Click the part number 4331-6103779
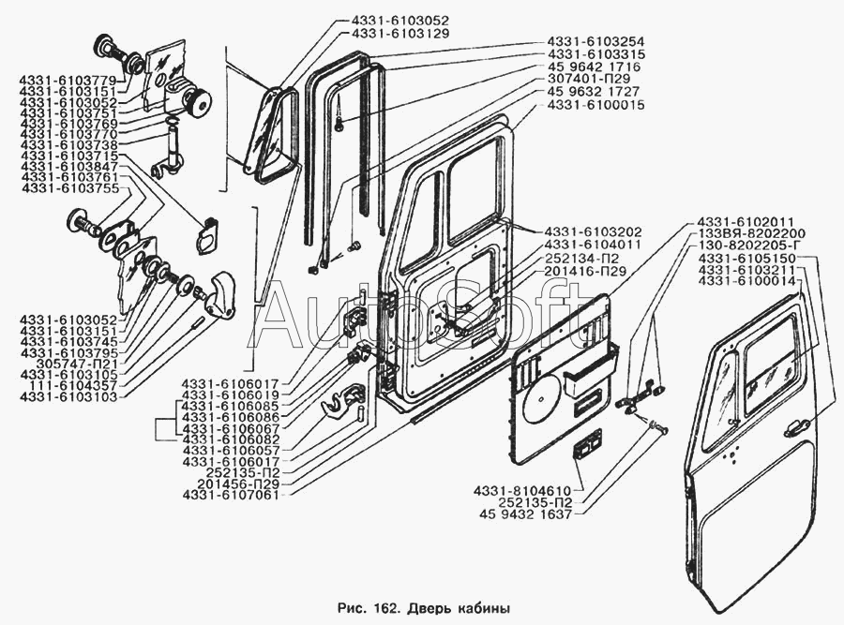click(x=68, y=80)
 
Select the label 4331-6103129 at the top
click(x=399, y=34)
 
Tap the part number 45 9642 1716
click(x=594, y=67)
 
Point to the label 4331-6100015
click(x=595, y=104)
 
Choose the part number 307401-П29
click(x=589, y=79)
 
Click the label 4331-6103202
click(x=593, y=231)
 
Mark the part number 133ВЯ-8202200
click(x=751, y=233)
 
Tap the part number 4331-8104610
click(x=522, y=491)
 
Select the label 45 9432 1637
click(x=525, y=514)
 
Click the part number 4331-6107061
click(x=231, y=495)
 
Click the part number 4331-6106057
click(x=231, y=450)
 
